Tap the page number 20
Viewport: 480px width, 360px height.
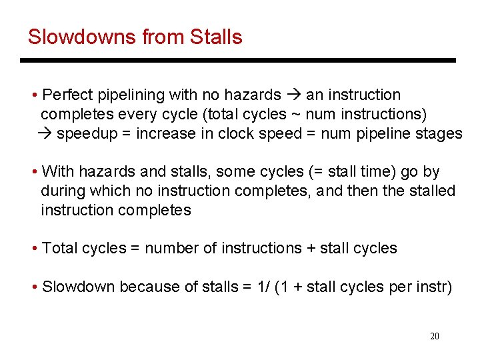pyautogui.click(x=434, y=336)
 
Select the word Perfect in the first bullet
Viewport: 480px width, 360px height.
pyautogui.click(x=67, y=95)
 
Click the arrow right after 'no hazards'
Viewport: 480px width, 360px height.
pyautogui.click(x=293, y=95)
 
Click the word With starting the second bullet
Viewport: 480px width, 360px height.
pyautogui.click(x=58, y=172)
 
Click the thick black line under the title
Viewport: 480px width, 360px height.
pyautogui.click(x=237, y=61)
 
